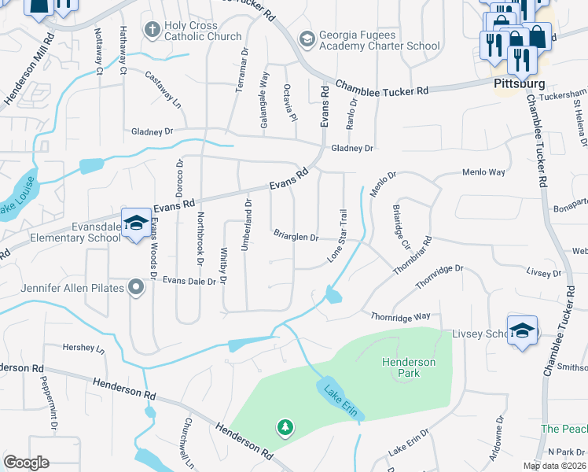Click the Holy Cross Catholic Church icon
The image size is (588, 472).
pyautogui.click(x=153, y=30)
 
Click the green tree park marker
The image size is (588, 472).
pyautogui.click(x=285, y=428)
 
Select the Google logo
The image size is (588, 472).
pyautogui.click(x=26, y=463)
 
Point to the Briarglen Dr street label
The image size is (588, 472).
pyautogui.click(x=296, y=236)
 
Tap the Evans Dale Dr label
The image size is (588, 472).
pyautogui.click(x=189, y=280)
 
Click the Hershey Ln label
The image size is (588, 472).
pyautogui.click(x=84, y=347)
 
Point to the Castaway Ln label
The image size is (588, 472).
pyautogui.click(x=164, y=88)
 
